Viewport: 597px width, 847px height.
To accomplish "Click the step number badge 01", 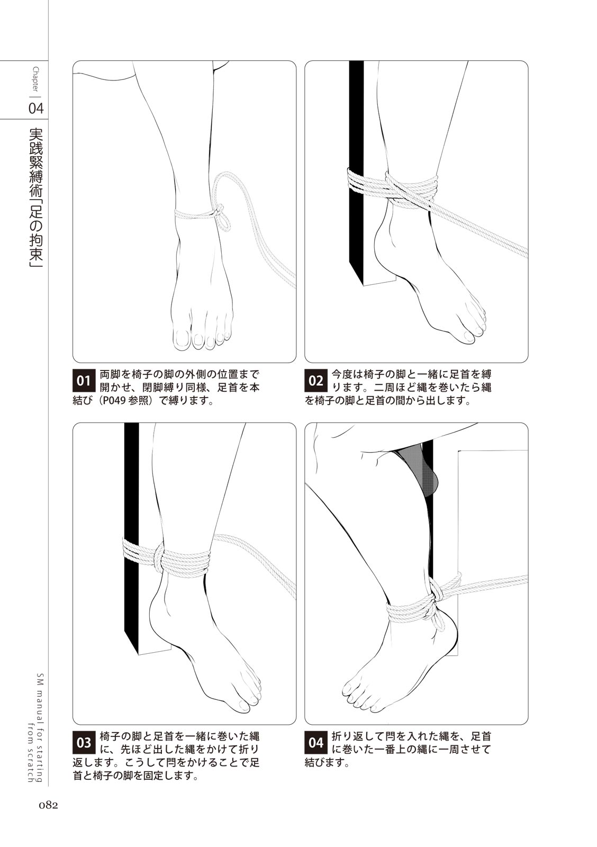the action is (x=84, y=381).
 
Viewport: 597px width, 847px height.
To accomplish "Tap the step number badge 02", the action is (x=316, y=381).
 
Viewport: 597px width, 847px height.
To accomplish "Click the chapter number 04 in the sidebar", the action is (x=37, y=109).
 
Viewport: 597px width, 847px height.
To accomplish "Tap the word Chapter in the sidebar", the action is (x=37, y=80).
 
